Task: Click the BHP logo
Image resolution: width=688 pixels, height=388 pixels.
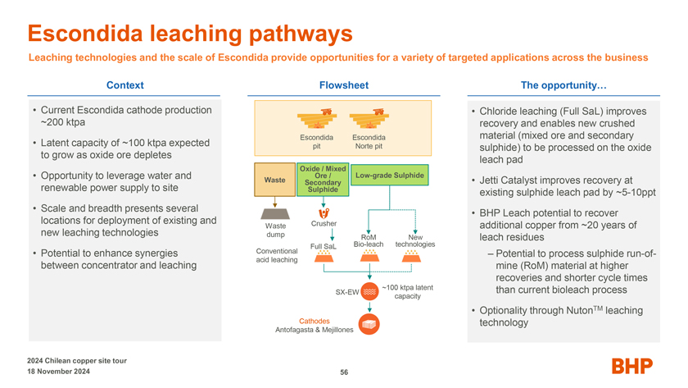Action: [631, 366]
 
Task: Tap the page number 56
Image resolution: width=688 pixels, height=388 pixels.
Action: [344, 372]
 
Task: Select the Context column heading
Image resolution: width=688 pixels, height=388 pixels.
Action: [125, 85]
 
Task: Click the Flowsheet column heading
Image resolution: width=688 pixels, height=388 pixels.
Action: [344, 85]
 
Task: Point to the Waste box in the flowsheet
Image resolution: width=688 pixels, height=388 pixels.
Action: [274, 180]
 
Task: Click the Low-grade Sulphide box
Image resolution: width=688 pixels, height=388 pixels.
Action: [390, 175]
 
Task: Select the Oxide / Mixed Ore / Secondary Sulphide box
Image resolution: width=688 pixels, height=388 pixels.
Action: [323, 180]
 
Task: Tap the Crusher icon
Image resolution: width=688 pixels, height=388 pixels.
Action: [324, 213]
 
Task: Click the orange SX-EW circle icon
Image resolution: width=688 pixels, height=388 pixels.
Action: [369, 291]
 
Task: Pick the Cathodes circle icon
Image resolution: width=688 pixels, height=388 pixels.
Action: [369, 324]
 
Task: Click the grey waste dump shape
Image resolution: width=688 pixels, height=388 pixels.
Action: [275, 213]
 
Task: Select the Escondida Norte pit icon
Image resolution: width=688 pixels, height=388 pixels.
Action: [369, 119]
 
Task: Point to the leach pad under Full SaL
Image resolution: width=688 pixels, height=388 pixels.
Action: [324, 256]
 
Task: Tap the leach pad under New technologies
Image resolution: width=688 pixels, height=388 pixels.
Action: [411, 256]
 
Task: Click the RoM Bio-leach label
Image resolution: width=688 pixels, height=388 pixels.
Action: [369, 241]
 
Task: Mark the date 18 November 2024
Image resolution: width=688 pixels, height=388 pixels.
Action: [58, 372]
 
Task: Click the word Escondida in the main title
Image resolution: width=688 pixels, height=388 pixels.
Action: [86, 34]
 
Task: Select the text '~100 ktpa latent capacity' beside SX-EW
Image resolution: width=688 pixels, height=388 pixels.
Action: [407, 292]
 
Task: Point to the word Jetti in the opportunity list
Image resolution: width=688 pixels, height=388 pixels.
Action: [490, 180]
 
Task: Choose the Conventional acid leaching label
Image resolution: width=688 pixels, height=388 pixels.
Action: [277, 255]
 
